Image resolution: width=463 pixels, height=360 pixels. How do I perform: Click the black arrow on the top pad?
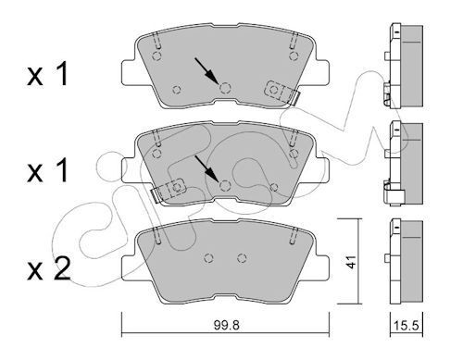207,70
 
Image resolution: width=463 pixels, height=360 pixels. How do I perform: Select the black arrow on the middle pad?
207,168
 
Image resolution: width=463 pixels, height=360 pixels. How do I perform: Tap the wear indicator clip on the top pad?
280,91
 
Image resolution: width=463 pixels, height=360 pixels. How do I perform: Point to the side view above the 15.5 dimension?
403,261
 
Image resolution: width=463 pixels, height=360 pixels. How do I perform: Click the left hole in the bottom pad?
209,258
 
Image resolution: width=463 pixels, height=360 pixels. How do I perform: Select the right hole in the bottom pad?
242,258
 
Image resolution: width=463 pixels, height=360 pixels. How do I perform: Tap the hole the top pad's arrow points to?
223,88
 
